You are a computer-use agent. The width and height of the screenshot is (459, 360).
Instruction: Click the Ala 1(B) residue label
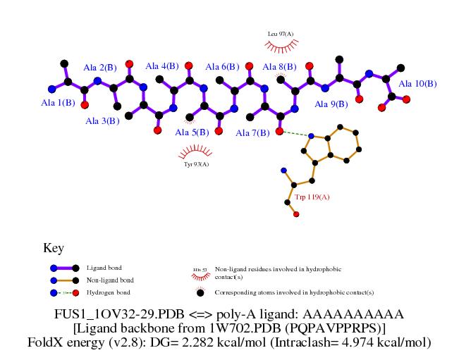tap(58, 103)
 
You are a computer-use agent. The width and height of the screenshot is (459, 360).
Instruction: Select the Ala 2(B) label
tap(100, 68)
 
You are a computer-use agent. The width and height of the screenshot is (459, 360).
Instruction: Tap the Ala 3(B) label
tap(102, 121)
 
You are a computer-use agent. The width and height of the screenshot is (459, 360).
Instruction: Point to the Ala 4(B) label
tap(161, 66)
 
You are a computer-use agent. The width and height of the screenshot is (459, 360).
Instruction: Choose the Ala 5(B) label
tap(192, 132)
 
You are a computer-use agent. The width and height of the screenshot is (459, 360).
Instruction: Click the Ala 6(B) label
tap(222, 67)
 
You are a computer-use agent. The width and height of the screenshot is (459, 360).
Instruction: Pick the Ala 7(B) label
tap(252, 133)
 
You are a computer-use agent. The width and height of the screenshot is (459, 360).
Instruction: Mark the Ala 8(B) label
tap(279, 67)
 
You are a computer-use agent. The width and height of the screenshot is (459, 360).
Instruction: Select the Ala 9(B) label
tap(331, 104)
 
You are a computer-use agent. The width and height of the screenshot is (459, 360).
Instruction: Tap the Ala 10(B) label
tap(417, 84)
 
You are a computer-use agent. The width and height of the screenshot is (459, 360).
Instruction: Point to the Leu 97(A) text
tap(281, 34)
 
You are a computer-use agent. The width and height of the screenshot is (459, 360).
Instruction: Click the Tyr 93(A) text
tap(196, 164)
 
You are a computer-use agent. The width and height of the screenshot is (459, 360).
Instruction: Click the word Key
tap(54, 248)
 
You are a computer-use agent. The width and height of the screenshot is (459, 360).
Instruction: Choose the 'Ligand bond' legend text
tap(104, 268)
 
